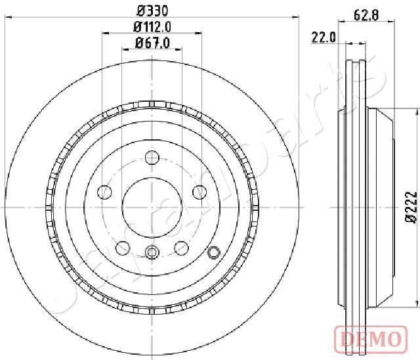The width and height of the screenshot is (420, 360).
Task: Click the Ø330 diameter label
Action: click(152, 11)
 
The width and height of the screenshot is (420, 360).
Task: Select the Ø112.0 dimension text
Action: click(152, 26)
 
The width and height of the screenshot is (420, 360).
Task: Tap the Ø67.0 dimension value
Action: click(152, 43)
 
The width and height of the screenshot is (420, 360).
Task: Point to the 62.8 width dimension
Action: click(366, 15)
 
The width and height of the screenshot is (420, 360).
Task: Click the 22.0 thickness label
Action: click(324, 37)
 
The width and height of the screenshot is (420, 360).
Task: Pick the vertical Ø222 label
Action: click(411, 207)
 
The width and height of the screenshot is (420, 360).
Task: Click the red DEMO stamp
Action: click(371, 338)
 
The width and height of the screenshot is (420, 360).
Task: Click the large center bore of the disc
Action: click(152, 207)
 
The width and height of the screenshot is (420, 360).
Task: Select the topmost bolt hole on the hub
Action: click(152, 158)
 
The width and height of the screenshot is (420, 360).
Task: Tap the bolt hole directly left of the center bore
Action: click(104, 192)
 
